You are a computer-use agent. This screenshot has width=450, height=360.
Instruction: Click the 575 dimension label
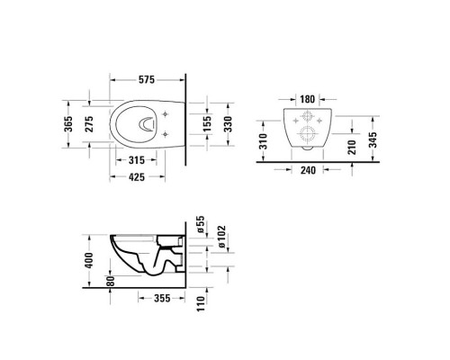point(147,80)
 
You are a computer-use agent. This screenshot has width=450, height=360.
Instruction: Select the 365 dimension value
point(68,124)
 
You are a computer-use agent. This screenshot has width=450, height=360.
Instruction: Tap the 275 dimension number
point(89,124)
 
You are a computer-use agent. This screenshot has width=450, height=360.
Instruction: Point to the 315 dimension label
point(137,160)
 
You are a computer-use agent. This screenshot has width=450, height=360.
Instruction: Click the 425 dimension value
point(137,177)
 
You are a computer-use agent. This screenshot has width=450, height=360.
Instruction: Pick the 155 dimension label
point(207,124)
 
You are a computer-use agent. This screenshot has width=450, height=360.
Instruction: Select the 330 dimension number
point(229,124)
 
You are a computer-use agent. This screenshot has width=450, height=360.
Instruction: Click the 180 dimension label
point(308,99)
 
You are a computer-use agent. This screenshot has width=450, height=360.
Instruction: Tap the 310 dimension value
point(263,141)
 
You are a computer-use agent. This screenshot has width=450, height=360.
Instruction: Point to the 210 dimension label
point(353,148)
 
